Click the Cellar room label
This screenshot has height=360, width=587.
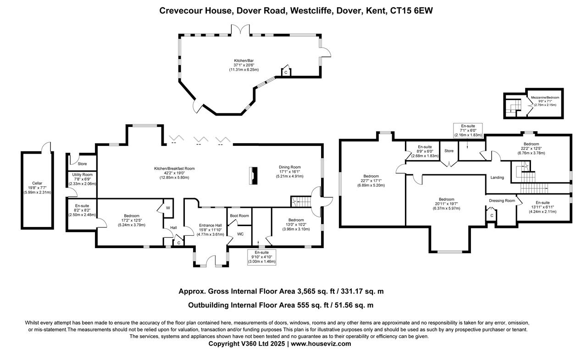(x=37, y=183)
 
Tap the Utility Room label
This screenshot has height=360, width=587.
(x=83, y=175)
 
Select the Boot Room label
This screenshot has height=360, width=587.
(x=239, y=216)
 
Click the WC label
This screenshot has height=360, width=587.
(x=240, y=234)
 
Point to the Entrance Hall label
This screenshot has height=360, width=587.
(x=210, y=225)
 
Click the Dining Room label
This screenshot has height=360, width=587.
(x=291, y=167)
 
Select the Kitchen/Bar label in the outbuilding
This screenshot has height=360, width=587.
(x=244, y=61)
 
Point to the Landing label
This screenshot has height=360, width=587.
(x=497, y=177)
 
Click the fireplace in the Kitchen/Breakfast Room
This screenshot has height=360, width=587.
(x=253, y=176)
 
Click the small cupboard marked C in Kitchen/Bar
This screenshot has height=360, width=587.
(x=286, y=72)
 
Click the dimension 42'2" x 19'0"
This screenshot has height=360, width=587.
(x=174, y=173)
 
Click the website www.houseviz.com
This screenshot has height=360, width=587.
(x=321, y=343)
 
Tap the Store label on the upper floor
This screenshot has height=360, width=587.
(x=449, y=150)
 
